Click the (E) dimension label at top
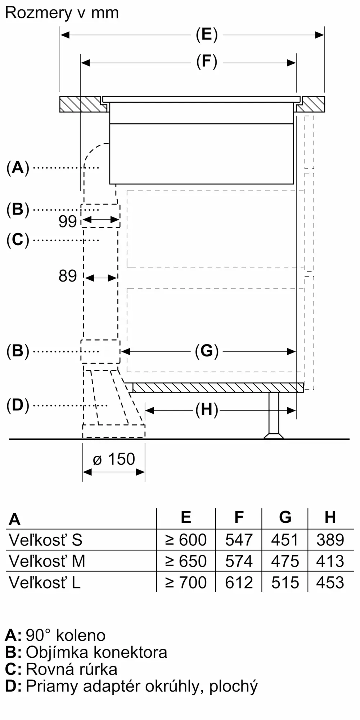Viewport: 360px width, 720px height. [207, 35]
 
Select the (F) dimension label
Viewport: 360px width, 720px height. [207, 62]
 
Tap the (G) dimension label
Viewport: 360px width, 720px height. [207, 351]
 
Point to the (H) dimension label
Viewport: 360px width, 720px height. [207, 410]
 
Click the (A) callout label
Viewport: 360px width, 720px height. [18, 168]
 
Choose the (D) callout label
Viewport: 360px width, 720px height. [18, 405]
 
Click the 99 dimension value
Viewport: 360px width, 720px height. [68, 221]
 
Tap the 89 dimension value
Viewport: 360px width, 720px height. [68, 276]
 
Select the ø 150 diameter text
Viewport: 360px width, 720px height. [114, 459]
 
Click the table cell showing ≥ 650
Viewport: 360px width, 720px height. [186, 561]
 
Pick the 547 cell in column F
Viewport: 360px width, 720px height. [239, 540]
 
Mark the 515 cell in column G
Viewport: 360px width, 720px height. [285, 582]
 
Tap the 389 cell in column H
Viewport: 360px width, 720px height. [330, 540]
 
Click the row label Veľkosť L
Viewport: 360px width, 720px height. [45, 582]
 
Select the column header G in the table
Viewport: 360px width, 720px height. [285, 517]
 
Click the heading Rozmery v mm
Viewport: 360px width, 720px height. [62, 13]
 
